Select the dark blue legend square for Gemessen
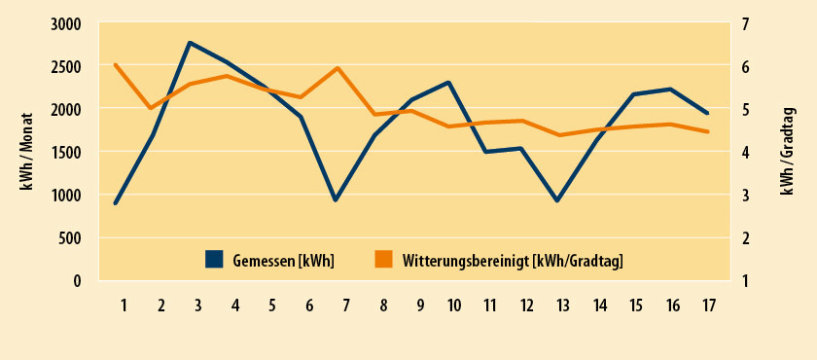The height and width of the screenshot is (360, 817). click(214, 259)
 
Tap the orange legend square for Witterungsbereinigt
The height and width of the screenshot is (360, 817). click(383, 259)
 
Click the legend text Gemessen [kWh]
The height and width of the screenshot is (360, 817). click(284, 260)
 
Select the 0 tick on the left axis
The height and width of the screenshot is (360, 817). click(78, 281)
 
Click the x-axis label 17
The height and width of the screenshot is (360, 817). click(709, 306)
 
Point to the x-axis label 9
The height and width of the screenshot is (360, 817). click(420, 306)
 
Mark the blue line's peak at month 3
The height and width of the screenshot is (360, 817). click(190, 43)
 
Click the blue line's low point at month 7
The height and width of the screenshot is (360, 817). click(336, 200)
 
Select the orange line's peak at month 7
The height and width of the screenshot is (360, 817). click(337, 68)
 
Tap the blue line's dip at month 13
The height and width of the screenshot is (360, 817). click(557, 200)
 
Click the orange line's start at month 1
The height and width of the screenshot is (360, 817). click(116, 65)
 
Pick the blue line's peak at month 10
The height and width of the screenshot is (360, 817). click(448, 83)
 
